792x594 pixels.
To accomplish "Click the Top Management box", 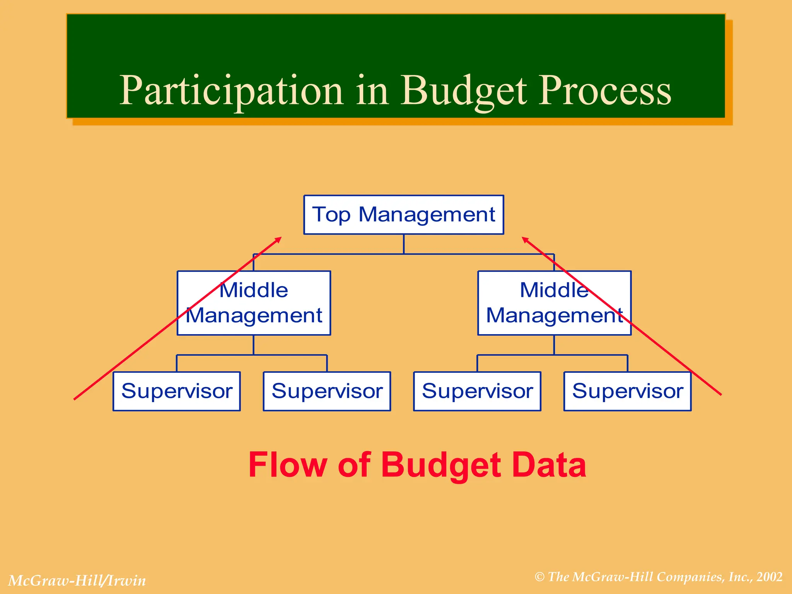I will (x=403, y=215).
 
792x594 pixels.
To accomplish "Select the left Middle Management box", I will (x=254, y=303).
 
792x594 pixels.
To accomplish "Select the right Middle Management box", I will (x=554, y=303).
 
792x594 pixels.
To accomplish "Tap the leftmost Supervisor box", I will (x=177, y=391).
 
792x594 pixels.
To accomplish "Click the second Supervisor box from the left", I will (x=327, y=391).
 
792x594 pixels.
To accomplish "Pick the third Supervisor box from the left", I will (x=477, y=391).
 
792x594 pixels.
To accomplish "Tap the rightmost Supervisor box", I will (x=627, y=391).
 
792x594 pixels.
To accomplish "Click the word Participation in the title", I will (x=231, y=91).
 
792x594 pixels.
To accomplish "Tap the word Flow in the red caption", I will (x=288, y=465).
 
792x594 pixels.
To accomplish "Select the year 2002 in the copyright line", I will (x=770, y=577).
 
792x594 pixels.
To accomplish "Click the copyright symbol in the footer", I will (x=539, y=577).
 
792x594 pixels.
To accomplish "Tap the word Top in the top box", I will (x=331, y=215).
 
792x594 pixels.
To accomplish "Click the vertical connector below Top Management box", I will (x=404, y=244).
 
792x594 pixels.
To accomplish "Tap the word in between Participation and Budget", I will (x=372, y=91).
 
